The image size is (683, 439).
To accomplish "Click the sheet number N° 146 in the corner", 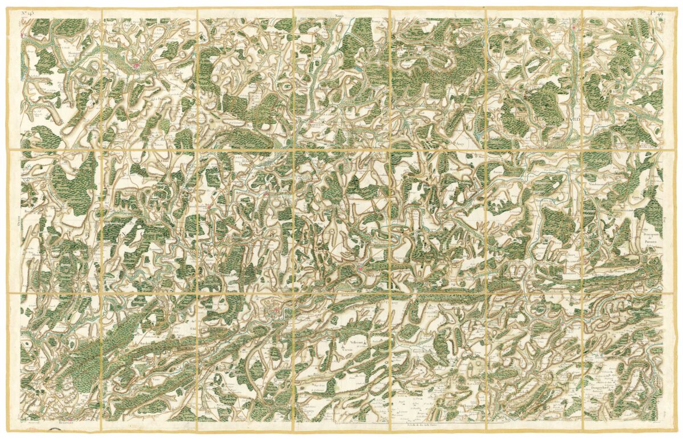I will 27,11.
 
